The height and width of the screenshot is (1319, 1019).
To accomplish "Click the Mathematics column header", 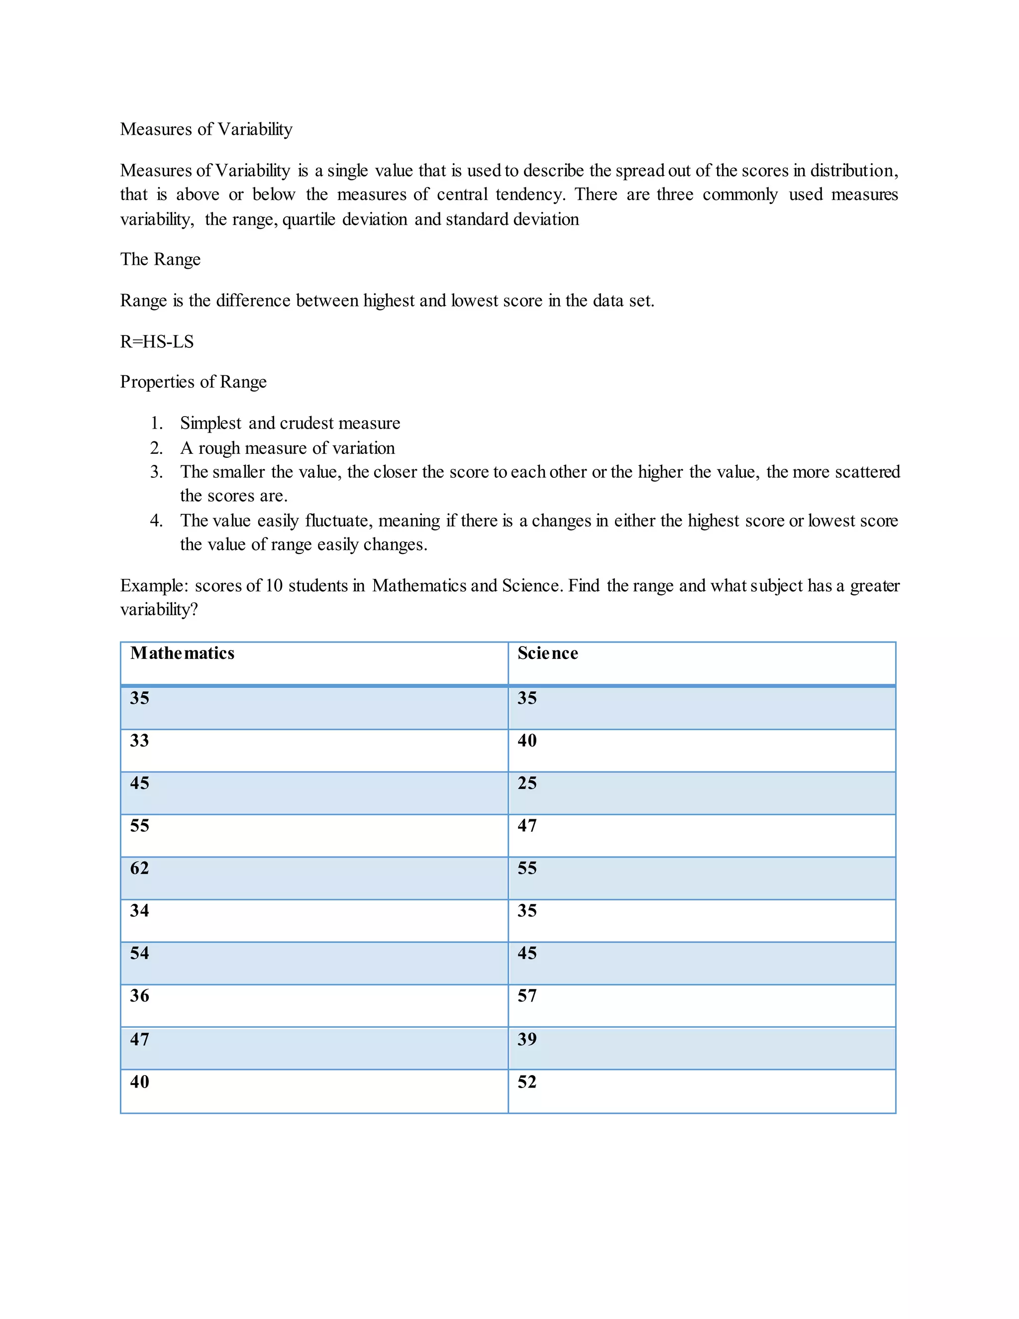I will point(182,653).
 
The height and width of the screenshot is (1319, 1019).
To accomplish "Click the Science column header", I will point(547,653).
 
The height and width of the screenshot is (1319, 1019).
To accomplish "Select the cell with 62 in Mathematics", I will point(139,868).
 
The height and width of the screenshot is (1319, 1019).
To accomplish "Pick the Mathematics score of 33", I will point(139,741).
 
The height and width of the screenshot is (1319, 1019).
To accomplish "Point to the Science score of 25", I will point(526,783).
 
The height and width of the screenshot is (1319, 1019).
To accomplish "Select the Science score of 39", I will point(526,1039).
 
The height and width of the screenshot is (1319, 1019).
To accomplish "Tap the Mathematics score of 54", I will point(139,953).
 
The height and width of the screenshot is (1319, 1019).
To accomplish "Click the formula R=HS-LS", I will point(157,342).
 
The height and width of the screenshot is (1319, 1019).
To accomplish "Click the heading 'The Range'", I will point(160,259).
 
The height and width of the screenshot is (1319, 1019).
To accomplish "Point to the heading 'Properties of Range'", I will point(193,382).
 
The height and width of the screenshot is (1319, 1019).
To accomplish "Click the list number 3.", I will point(156,472).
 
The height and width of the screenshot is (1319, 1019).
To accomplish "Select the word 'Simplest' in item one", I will point(210,424).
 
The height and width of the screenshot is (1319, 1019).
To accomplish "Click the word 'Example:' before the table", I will point(155,586).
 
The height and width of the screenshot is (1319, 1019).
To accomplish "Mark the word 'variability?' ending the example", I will point(159,610).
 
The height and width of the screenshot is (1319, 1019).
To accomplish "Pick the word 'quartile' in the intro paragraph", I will point(308,219).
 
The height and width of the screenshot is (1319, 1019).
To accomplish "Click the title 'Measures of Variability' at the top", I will point(206,129).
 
